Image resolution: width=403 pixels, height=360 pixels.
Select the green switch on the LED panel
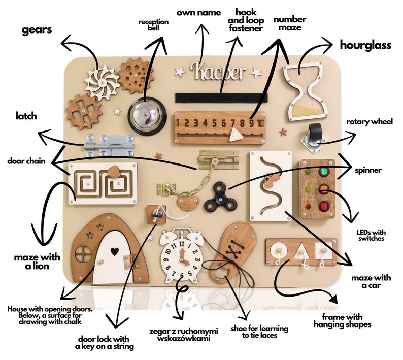pos(324,172)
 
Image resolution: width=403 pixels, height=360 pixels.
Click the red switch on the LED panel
pos(324,206)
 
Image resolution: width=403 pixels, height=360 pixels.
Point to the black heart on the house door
pos(115,251)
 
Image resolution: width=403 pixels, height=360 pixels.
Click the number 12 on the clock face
pos(182,244)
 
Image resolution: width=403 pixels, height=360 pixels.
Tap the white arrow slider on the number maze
pos(236,135)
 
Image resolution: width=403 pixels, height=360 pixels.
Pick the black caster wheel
pos(316,132)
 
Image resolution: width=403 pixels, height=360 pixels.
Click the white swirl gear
pos(102,82)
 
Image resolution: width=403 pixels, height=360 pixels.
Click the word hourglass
pos(365,45)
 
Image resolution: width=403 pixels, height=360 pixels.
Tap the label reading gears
pos(37,30)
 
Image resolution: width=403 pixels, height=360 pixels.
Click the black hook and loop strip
pos(221,97)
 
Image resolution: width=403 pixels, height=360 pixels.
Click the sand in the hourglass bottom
pos(306,111)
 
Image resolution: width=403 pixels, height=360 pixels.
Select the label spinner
pos(368,170)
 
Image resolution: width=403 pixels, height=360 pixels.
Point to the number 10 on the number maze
pos(260,123)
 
